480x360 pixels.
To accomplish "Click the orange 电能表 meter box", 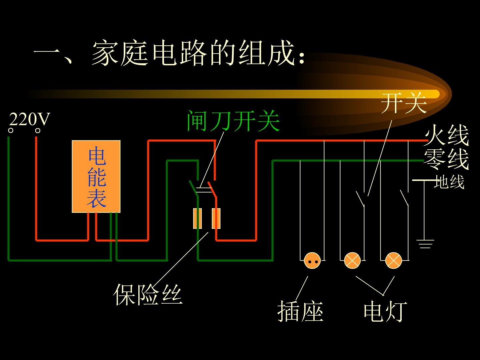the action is click(96, 176).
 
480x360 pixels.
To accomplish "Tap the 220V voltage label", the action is click(30, 119).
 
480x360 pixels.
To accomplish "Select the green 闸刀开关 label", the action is click(233, 121).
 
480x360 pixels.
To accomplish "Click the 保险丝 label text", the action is click(148, 294).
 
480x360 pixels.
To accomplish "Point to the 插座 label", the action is click(300, 311).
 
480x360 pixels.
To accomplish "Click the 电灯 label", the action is click(385, 311).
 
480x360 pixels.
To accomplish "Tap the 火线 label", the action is click(446, 135).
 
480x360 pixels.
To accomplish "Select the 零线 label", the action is click(446, 159).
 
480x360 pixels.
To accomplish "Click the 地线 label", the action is click(449, 182).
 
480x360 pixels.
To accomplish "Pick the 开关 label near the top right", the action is click(404, 103).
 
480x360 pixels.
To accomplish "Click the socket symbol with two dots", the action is click(312, 261).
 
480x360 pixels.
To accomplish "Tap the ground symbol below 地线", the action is click(425, 244).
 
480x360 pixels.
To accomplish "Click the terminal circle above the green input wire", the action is click(11, 130).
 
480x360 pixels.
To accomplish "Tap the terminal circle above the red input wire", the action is click(38, 130).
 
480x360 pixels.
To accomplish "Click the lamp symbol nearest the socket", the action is click(352, 261).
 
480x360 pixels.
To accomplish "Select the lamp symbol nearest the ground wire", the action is click(393, 261).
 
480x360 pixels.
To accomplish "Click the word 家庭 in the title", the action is click(120, 53).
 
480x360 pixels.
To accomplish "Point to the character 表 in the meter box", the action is click(96, 198).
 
